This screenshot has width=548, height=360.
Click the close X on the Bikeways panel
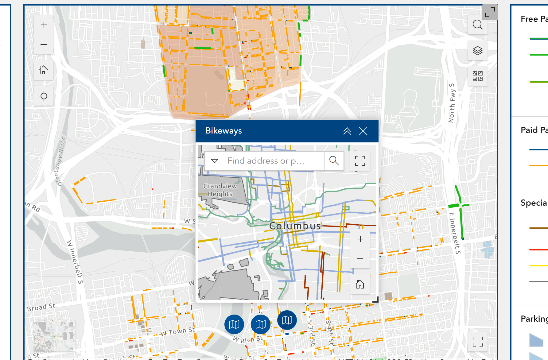point(363,131)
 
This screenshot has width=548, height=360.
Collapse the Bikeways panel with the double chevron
point(347,131)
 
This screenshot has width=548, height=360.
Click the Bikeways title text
point(223,131)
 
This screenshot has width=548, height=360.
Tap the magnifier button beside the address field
point(334,161)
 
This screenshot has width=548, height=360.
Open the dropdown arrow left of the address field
point(215,161)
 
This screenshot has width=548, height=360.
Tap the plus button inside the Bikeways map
point(360,239)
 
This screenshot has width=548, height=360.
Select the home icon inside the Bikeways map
point(360,284)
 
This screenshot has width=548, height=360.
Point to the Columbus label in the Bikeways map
point(295,226)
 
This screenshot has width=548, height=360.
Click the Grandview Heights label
point(220,190)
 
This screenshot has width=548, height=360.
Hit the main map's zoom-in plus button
point(44,25)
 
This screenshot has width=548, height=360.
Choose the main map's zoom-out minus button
point(44,45)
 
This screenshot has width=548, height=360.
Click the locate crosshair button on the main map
point(44,96)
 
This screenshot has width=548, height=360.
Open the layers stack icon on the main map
point(477,51)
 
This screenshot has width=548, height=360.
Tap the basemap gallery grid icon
point(477,76)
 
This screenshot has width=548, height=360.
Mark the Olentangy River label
point(60,162)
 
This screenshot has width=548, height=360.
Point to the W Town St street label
point(177,332)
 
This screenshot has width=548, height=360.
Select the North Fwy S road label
point(452,103)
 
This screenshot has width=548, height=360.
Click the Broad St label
point(41,307)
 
